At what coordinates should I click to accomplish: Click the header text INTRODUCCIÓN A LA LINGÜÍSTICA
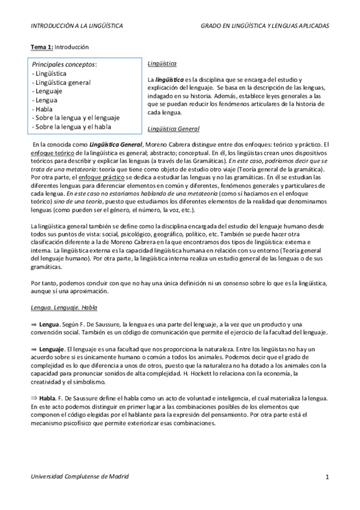pyautogui.click(x=78, y=26)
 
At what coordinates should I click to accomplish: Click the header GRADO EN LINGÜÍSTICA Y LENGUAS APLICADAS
pyautogui.click(x=265, y=26)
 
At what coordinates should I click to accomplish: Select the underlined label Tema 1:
pyautogui.click(x=43, y=47)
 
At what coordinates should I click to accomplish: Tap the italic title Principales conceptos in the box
pyautogui.click(x=64, y=64)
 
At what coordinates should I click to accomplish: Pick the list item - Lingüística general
pyautogui.click(x=61, y=82)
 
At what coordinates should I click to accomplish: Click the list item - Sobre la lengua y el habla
pyautogui.click(x=72, y=127)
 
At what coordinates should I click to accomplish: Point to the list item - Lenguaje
pyautogui.click(x=49, y=91)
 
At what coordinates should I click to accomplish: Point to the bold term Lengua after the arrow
pyautogui.click(x=49, y=324)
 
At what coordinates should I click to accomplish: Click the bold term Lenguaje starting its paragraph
pyautogui.click(x=52, y=349)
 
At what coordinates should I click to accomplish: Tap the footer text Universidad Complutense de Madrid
pyautogui.click(x=80, y=476)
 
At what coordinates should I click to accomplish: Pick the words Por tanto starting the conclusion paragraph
pyautogui.click(x=43, y=283)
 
